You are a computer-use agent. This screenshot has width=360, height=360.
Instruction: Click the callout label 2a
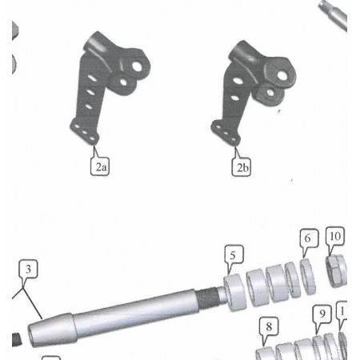(100, 166)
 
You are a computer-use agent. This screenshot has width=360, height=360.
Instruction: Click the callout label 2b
(242, 167)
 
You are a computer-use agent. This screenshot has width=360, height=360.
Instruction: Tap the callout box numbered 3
(28, 269)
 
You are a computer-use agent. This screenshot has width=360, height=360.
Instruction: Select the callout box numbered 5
(234, 254)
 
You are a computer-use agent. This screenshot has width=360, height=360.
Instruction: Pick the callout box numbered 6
(309, 238)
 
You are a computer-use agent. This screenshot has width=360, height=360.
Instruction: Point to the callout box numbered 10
(335, 236)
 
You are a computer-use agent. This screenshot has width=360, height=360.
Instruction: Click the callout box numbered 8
(269, 326)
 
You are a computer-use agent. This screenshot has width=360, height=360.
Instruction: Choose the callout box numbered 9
(322, 314)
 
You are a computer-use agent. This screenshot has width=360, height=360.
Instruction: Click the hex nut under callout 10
(337, 271)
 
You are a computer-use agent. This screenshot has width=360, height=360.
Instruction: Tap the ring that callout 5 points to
(235, 292)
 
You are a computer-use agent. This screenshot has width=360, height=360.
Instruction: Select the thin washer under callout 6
(308, 277)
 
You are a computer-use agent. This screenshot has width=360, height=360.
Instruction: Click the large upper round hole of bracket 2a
(137, 66)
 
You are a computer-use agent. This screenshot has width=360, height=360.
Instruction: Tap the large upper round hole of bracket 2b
(282, 75)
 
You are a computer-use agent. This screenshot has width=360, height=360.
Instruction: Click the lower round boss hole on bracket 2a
(123, 82)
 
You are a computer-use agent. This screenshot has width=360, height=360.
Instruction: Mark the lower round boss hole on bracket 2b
(270, 93)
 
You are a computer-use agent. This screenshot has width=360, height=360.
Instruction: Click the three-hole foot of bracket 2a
(85, 132)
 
